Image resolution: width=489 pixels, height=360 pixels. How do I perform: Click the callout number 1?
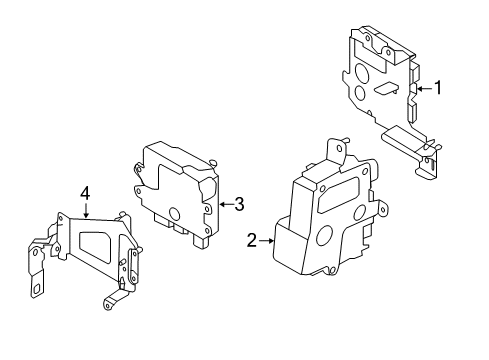coord(436,88)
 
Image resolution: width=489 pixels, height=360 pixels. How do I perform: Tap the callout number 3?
coord(240,205)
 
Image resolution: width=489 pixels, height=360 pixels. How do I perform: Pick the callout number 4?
coord(85,192)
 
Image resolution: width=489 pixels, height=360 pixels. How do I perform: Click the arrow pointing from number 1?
coord(423,89)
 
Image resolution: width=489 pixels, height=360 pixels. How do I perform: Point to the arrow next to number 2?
coord(265,240)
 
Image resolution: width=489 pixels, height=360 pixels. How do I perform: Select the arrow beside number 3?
coord(227,205)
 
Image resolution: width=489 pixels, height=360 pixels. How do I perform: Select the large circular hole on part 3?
coord(175,214)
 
